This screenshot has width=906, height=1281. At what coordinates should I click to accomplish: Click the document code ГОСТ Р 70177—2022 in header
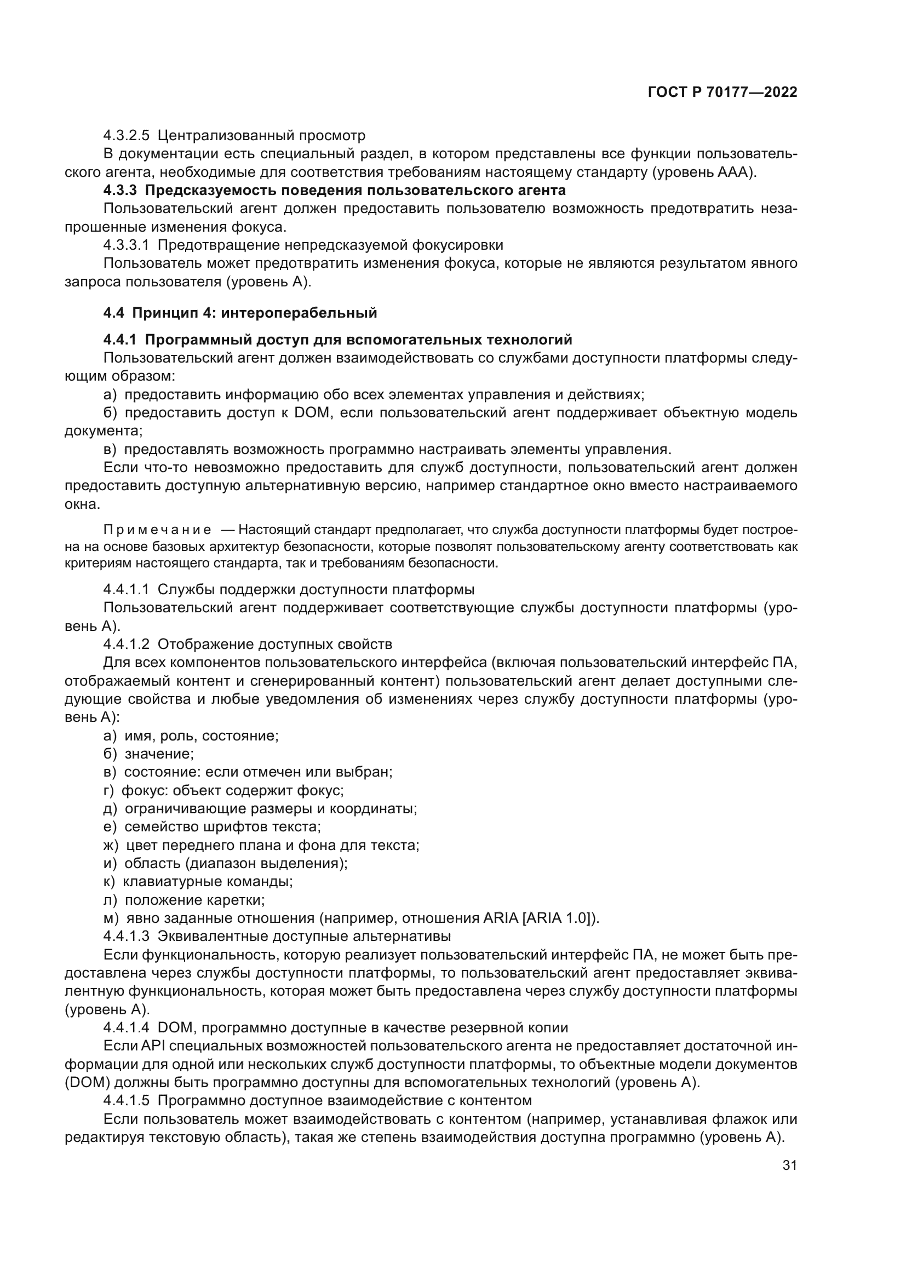pos(722,93)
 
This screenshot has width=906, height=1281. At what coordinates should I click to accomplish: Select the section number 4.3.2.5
pos(126,136)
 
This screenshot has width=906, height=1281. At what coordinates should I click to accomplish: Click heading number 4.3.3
pos(119,190)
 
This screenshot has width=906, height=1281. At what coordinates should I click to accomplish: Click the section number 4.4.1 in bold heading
pos(119,340)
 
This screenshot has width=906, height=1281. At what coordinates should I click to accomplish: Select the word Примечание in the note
pos(157,530)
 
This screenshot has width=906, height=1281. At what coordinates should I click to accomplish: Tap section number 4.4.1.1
pos(126,589)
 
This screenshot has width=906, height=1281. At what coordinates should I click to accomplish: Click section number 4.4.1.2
pos(126,645)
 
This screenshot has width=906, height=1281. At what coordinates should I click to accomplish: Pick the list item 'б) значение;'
pos(148,754)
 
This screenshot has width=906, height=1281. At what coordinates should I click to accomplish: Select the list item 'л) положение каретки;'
pos(184,900)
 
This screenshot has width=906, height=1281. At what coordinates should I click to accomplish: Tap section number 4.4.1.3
pos(126,936)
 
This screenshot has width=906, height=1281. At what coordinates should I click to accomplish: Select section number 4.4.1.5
pos(126,1101)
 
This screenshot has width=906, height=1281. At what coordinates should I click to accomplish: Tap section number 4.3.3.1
pos(126,245)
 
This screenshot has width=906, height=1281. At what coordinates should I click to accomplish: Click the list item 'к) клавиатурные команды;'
pos(198,882)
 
